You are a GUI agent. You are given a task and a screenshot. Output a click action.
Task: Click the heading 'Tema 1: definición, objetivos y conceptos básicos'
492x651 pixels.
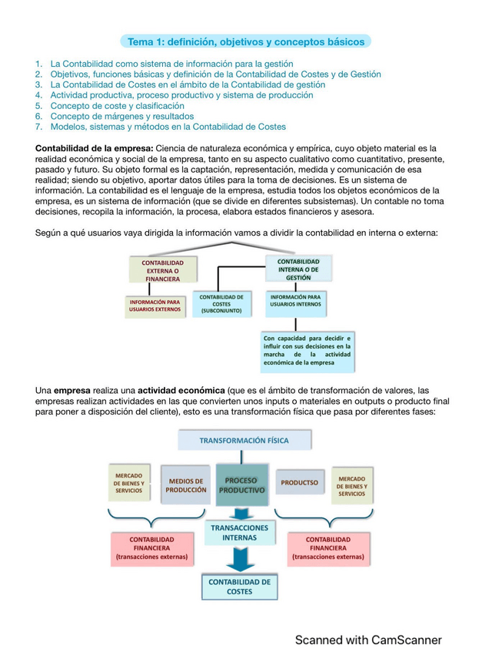tap(245, 41)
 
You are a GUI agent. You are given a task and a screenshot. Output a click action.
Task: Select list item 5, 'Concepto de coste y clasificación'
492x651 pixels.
tap(117, 106)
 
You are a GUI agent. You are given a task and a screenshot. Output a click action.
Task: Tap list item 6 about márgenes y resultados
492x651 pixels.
tap(121, 117)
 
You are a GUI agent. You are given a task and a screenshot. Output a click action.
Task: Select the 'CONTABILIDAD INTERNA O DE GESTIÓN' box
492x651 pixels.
tap(298, 269)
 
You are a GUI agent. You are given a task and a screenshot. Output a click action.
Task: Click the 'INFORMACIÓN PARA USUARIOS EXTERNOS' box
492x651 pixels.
tap(155, 306)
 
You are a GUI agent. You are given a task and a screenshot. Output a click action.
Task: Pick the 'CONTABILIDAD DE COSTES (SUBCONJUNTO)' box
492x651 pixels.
tap(222, 303)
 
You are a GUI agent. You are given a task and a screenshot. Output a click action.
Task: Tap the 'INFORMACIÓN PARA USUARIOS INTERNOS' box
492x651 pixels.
tap(296, 300)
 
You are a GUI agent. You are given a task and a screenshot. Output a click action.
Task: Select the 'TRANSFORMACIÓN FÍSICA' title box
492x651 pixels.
tap(244, 441)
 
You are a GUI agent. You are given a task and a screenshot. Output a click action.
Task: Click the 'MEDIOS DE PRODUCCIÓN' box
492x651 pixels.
tap(186, 484)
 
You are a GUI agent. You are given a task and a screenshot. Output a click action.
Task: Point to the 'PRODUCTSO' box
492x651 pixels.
tap(299, 483)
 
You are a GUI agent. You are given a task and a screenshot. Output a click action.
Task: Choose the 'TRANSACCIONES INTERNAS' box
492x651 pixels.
tap(239, 533)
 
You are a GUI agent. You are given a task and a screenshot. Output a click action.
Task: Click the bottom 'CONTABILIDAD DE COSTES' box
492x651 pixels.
tap(239, 587)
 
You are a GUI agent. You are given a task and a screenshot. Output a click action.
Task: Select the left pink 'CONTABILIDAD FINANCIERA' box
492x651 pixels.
tap(151, 548)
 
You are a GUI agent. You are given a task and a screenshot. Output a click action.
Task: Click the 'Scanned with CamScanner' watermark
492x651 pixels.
tap(368, 639)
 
